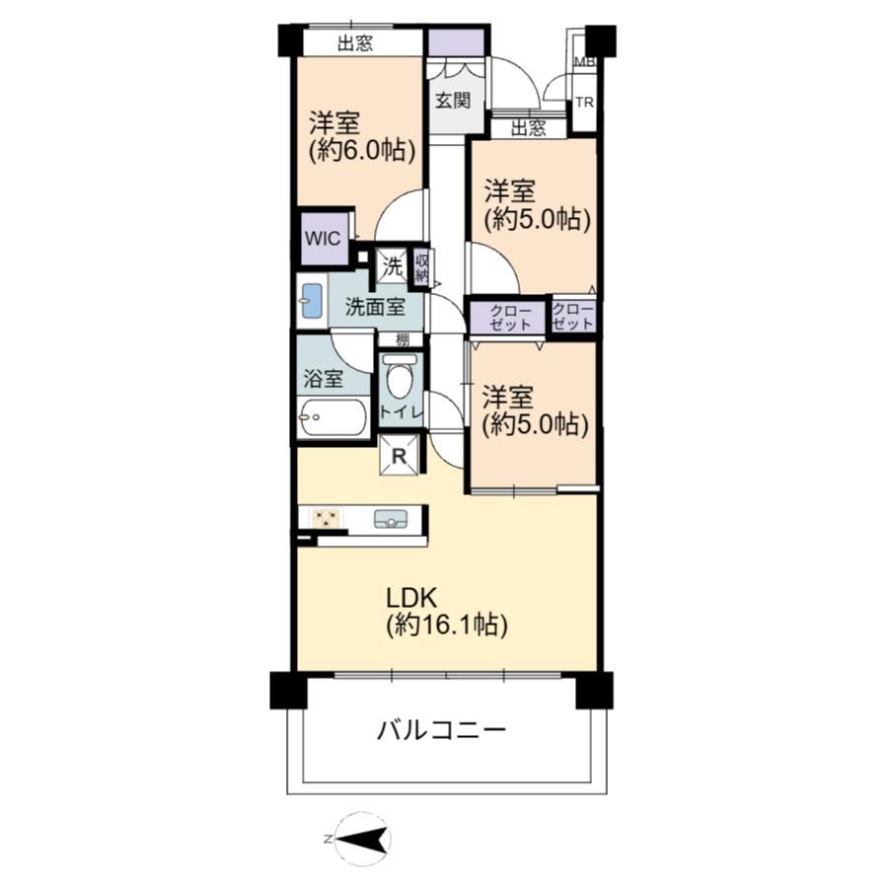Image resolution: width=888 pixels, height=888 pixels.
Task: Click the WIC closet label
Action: pyautogui.click(x=323, y=239)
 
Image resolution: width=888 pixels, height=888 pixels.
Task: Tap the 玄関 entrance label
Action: pyautogui.click(x=453, y=101)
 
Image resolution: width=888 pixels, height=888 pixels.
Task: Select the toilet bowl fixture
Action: pyautogui.click(x=400, y=379)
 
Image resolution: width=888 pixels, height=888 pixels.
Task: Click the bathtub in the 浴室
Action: pyautogui.click(x=332, y=418)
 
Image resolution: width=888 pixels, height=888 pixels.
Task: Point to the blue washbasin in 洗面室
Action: pyautogui.click(x=312, y=301)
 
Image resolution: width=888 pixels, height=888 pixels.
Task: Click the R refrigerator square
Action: pyautogui.click(x=400, y=455)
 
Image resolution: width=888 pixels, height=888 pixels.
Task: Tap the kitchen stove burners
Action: pyautogui.click(x=326, y=519)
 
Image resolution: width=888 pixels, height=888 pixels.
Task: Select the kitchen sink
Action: pyautogui.click(x=390, y=519)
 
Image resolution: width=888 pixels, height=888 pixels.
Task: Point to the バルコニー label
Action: pyautogui.click(x=441, y=730)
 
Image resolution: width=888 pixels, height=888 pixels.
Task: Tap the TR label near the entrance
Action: pyautogui.click(x=584, y=103)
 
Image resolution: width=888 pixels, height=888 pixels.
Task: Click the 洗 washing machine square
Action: pyautogui.click(x=393, y=266)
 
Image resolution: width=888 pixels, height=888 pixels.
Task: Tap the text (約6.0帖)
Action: pyautogui.click(x=362, y=150)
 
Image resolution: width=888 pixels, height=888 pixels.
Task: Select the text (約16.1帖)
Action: pyautogui.click(x=447, y=625)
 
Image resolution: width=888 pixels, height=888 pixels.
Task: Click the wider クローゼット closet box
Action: pyautogui.click(x=508, y=317)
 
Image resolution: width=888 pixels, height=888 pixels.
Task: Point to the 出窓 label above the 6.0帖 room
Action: pyautogui.click(x=355, y=43)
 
